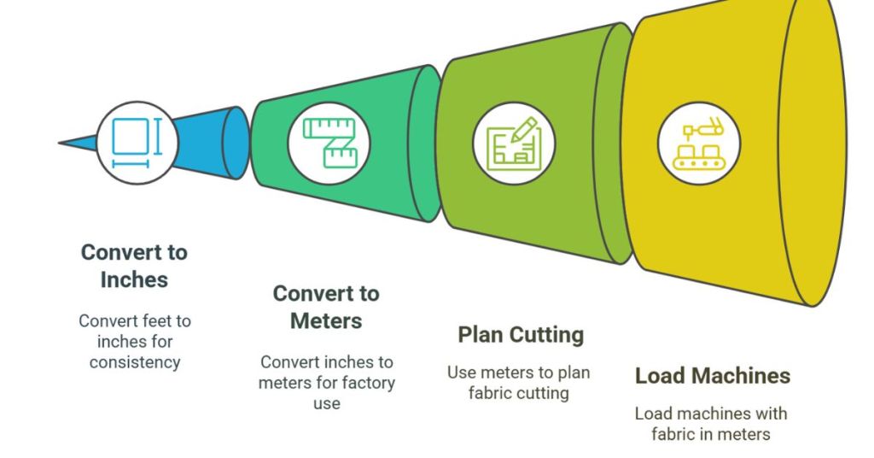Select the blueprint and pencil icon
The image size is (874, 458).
514,143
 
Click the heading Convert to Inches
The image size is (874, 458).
134,266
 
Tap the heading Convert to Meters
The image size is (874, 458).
326,307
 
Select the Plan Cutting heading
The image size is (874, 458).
521,334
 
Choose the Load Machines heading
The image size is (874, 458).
712,375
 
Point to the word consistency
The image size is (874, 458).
135,361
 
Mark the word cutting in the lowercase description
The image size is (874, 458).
548,393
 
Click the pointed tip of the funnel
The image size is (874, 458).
61,142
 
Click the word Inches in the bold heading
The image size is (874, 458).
134,279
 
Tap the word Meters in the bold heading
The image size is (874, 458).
326,320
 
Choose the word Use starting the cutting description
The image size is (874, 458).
461,373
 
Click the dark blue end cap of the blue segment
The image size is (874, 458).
236,143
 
